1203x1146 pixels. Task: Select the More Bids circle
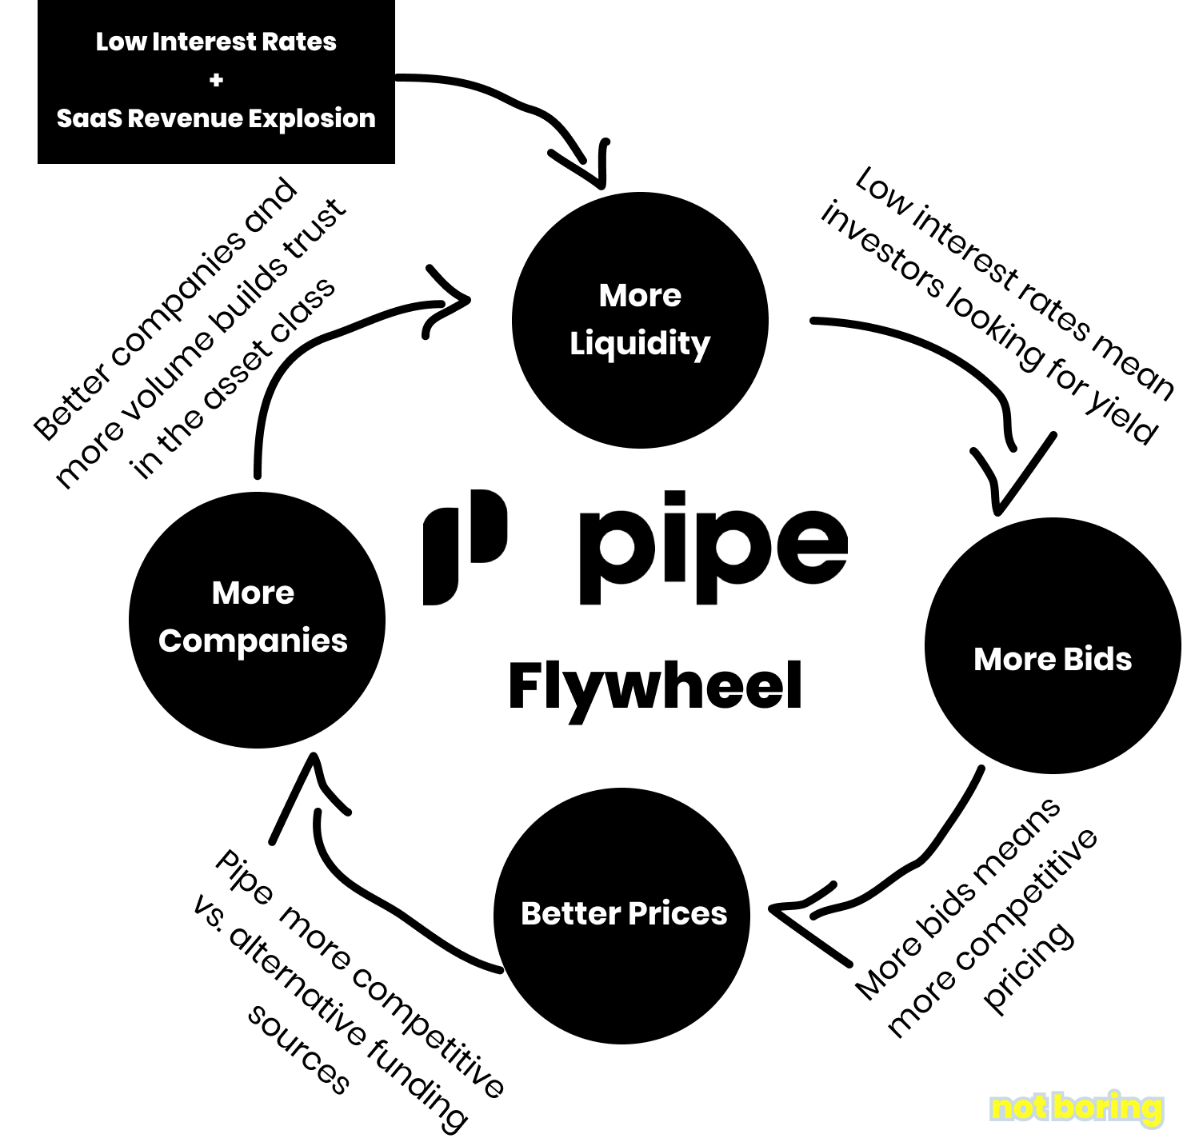coord(1052,646)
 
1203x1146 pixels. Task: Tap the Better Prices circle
coord(623,914)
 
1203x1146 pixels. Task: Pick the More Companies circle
coord(256,619)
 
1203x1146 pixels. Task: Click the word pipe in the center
coord(711,547)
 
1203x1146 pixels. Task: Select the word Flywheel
coord(655,686)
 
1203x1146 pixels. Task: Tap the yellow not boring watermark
coord(1076,1108)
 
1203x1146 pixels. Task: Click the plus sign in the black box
coord(216,80)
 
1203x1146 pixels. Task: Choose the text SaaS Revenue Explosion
coord(216,118)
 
